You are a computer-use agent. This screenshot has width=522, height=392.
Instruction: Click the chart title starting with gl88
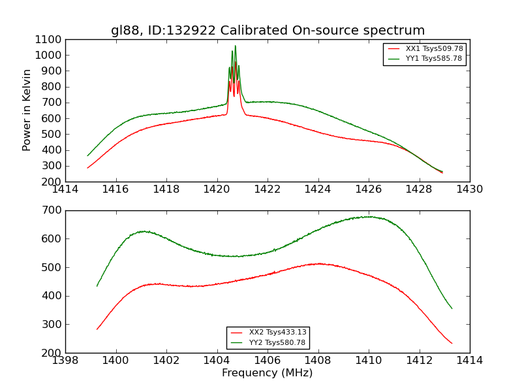[x=268, y=31]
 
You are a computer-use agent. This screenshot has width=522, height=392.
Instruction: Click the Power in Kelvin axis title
[x=27, y=110]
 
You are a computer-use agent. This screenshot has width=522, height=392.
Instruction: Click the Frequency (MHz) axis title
[x=268, y=373]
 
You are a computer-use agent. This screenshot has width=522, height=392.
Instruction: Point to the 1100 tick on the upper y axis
[x=50, y=39]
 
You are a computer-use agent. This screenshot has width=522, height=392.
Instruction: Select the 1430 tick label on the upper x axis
[x=469, y=189]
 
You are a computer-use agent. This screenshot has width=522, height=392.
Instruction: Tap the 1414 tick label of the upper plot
[x=65, y=189]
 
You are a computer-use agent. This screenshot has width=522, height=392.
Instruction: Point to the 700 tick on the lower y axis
[x=53, y=210]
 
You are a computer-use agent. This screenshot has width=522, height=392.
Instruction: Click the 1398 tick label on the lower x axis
[x=65, y=361]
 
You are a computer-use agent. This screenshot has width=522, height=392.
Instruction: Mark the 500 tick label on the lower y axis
[x=53, y=267]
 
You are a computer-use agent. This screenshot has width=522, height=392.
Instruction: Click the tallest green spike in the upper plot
[x=235, y=46]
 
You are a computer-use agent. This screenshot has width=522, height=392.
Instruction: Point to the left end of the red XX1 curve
[x=87, y=168]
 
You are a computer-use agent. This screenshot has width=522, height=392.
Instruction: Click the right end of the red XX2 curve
[x=452, y=343]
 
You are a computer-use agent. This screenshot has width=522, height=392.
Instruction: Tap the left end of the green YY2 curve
[x=97, y=286]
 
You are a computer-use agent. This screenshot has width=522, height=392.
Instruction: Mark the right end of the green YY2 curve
[x=452, y=308]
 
